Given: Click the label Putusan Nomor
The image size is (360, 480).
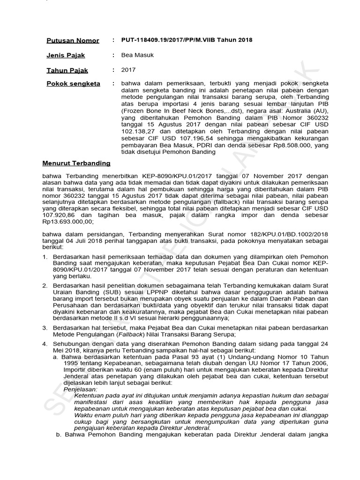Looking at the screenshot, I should (73, 41).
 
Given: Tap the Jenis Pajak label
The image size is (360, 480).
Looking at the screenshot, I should (66, 55).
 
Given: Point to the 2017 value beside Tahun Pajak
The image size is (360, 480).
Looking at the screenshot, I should (128, 70).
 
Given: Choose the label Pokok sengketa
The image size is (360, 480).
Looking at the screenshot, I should (73, 84).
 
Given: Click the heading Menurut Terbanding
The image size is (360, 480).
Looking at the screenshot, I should (76, 163).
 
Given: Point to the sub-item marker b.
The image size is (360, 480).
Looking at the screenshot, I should (59, 435).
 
